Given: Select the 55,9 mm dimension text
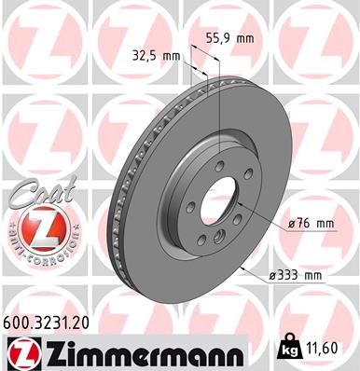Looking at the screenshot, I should point(230,39).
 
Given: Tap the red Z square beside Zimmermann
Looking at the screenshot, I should point(20,352).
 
